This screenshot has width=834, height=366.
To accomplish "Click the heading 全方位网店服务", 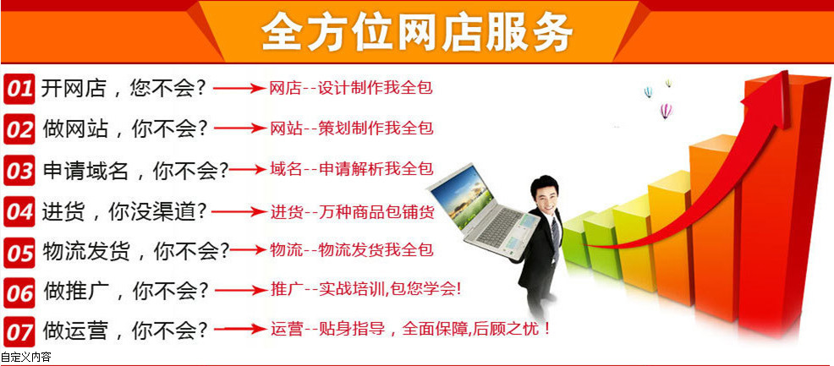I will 416,33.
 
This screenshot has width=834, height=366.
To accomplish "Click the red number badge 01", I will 19,88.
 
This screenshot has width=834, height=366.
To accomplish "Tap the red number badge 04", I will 19,210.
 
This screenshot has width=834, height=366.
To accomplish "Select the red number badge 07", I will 19,330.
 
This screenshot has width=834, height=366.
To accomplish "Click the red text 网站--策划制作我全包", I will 351,128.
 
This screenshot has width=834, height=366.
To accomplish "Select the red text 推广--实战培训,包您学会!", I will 365,289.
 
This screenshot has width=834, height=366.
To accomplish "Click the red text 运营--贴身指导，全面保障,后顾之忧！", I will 411,329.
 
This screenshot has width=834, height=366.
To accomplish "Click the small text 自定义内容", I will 26,358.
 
